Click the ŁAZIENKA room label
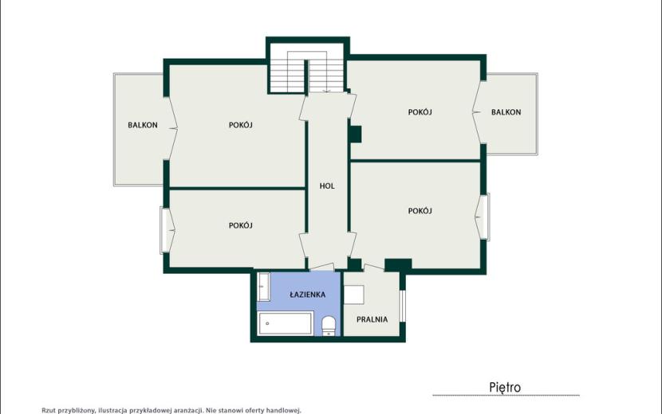pos(307,295)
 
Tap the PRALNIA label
pos(372,319)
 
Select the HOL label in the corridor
pos(327,186)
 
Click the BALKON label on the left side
pos(143,125)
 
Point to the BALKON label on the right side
pos(506,112)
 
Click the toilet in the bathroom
pos(329,326)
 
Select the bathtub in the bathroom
pos(286,323)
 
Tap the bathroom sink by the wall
pos(264,287)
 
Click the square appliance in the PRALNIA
pos(354,295)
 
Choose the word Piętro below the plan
pos(505,387)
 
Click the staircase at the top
pos(308,71)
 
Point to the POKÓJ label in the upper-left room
pos(241,125)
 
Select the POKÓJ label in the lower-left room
pos(241,225)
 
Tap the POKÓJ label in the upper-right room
pos(420,112)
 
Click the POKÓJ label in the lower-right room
pos(420,211)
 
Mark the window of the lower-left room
pos(164,230)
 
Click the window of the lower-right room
pos(487,217)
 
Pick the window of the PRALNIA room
pos(403,306)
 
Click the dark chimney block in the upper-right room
pos(356,135)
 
